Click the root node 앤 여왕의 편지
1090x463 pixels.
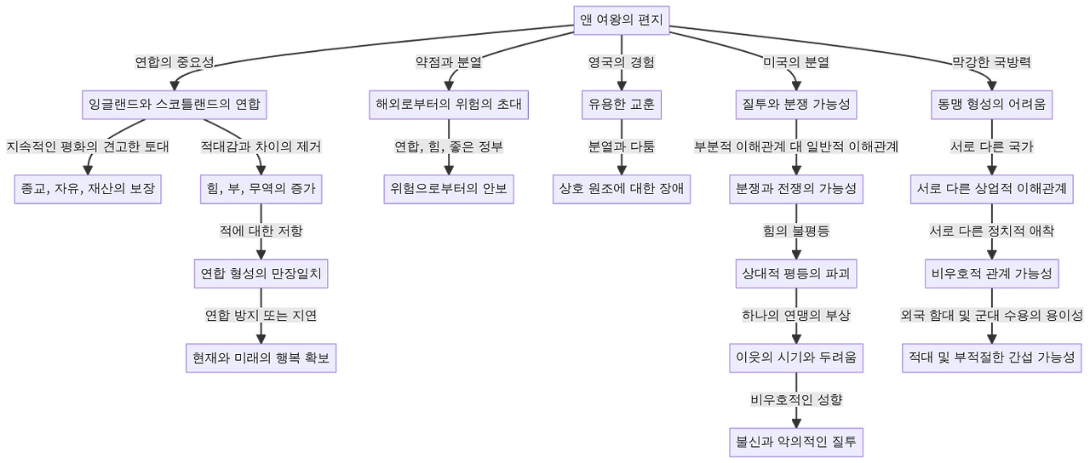pos(621,21)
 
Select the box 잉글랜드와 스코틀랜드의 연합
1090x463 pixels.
pos(175,106)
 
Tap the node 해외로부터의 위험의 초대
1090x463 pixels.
pos(449,106)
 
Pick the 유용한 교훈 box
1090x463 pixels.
pos(621,106)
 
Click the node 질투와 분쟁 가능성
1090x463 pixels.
pos(794,106)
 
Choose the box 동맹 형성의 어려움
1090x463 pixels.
pos(990,106)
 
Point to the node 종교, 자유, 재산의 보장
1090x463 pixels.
pos(89,188)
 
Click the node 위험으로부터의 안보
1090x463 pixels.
pos(449,188)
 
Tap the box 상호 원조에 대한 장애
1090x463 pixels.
pos(622,188)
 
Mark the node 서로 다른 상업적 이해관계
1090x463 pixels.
pos(990,188)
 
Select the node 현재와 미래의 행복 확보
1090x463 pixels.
pos(261,358)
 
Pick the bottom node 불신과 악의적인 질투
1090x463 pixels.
pos(796,442)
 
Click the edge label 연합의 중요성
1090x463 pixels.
pos(175,62)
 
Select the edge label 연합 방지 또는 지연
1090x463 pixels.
pos(261,316)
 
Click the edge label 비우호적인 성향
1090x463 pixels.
pos(796,399)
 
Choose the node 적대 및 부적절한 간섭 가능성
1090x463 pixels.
pos(990,358)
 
